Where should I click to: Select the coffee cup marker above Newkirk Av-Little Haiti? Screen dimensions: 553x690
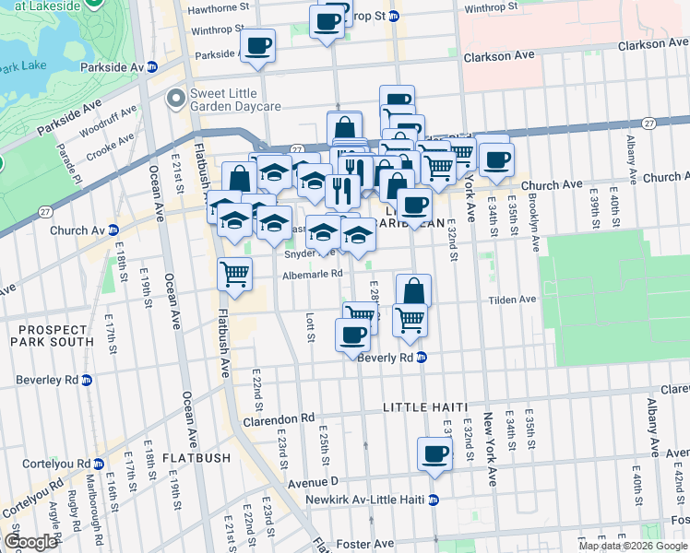pyautogui.click(x=434, y=453)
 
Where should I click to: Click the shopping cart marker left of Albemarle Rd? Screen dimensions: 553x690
pyautogui.click(x=235, y=273)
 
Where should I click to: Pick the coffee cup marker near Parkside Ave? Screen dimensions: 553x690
pyautogui.click(x=257, y=43)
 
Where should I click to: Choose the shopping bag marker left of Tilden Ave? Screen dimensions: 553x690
pyautogui.click(x=414, y=289)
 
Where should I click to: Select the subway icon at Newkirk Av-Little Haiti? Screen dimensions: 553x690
pyautogui.click(x=433, y=500)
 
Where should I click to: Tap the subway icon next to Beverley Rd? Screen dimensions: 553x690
pyautogui.click(x=87, y=380)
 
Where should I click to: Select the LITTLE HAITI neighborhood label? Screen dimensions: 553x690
pyautogui.click(x=426, y=407)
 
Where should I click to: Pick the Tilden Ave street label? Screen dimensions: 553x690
pyautogui.click(x=512, y=300)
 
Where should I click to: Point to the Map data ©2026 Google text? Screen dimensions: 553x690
pyautogui.click(x=633, y=546)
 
